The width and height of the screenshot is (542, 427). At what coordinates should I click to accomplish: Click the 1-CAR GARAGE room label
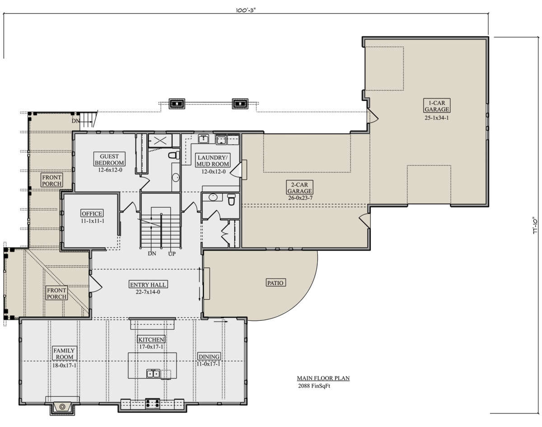point(437,106)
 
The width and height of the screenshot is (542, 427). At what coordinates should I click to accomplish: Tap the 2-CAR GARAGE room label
point(299,188)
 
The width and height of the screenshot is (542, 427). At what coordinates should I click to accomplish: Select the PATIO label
point(275,283)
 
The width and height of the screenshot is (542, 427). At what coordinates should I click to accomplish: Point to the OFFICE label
point(92,213)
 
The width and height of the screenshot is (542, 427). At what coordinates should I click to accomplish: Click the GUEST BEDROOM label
point(109,160)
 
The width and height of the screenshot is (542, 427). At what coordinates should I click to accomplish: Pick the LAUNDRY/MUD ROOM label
point(213,160)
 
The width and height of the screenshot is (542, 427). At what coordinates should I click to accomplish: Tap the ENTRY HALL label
point(148,285)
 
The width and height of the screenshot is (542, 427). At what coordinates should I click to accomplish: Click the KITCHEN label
point(151,339)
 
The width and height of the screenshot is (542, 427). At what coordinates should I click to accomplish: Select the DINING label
point(209,357)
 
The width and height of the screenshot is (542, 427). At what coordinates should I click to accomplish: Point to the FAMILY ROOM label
point(65,353)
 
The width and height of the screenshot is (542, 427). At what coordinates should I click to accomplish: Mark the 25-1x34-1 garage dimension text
point(437,118)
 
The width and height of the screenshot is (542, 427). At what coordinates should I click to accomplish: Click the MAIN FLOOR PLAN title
point(323,378)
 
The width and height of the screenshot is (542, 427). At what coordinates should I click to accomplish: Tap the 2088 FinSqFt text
point(314,386)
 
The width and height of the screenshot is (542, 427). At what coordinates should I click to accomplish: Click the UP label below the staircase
point(172,253)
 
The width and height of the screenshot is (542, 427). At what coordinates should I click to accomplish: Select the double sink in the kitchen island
point(153,373)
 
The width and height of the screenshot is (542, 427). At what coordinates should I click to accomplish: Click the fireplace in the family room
point(62,406)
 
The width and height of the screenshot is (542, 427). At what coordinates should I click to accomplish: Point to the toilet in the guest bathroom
point(174,155)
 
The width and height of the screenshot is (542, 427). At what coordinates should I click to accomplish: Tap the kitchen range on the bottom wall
point(153,404)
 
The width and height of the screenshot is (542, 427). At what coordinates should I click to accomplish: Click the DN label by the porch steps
point(75,121)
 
